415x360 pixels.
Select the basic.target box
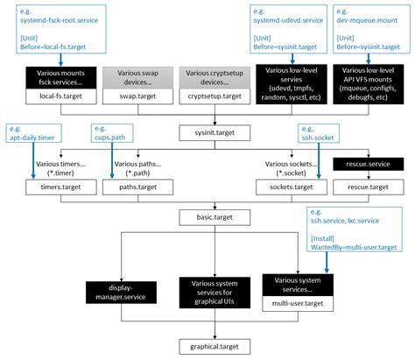pos(207,215)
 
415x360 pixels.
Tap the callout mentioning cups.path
pos(112,132)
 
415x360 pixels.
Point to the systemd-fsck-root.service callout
pos(55,30)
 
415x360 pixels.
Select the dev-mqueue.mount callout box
pos(369,30)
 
